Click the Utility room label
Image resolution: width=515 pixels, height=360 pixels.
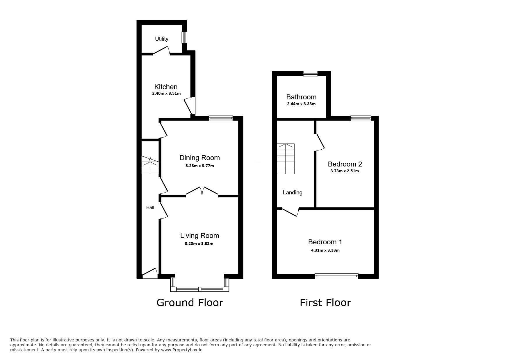(x=161, y=39)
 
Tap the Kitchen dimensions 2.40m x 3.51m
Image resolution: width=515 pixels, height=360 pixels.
(x=166, y=94)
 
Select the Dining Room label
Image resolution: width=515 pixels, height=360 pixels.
(x=199, y=158)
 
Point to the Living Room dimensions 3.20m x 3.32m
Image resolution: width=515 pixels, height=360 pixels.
(x=199, y=244)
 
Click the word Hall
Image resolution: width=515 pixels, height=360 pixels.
(x=150, y=207)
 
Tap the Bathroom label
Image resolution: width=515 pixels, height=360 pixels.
(x=301, y=97)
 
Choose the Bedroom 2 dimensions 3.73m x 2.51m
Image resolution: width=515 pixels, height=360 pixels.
(x=345, y=171)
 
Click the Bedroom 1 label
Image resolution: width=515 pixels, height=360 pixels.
(x=325, y=242)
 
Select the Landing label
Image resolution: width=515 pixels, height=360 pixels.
(x=293, y=193)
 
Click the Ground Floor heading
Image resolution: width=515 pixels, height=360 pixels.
(x=190, y=303)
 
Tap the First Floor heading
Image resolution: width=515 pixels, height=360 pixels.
(x=325, y=303)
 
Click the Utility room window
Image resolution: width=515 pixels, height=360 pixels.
(x=184, y=37)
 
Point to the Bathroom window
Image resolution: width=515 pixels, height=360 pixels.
(x=310, y=74)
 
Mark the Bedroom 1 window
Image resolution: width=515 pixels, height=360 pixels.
(x=337, y=276)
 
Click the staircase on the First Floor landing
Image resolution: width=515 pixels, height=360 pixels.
(x=286, y=159)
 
